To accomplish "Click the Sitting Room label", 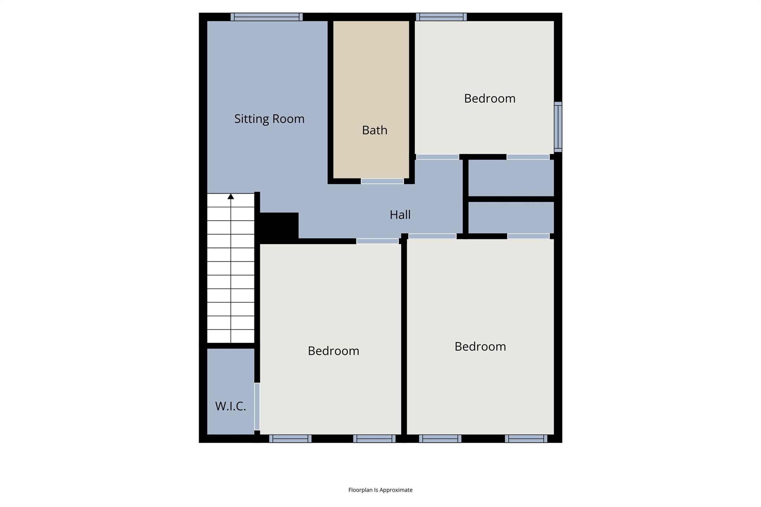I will coord(269,119).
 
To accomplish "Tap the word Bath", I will coord(375,130).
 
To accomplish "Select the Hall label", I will coord(400,215).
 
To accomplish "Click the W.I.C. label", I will coord(230,406).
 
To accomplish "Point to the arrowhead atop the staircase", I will coord(231,196).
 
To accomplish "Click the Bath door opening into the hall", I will coord(382,181).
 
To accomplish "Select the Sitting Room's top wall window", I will coord(266,17).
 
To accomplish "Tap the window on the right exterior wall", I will coord(558,127).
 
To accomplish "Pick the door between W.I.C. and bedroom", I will coord(257,406).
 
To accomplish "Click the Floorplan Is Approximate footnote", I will coord(380,490).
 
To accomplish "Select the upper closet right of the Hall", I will coord(511,178).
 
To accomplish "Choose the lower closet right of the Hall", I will coord(511,217).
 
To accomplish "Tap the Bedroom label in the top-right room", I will coord(489,98).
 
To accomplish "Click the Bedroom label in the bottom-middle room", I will coord(333,351).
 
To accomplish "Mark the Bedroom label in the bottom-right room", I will coord(480,347).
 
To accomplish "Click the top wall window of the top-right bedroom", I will coord(441,17).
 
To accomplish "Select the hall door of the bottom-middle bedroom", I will coord(377,241).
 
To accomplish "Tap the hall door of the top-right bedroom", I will coord(437,157).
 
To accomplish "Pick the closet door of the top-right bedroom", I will coord(528,157).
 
